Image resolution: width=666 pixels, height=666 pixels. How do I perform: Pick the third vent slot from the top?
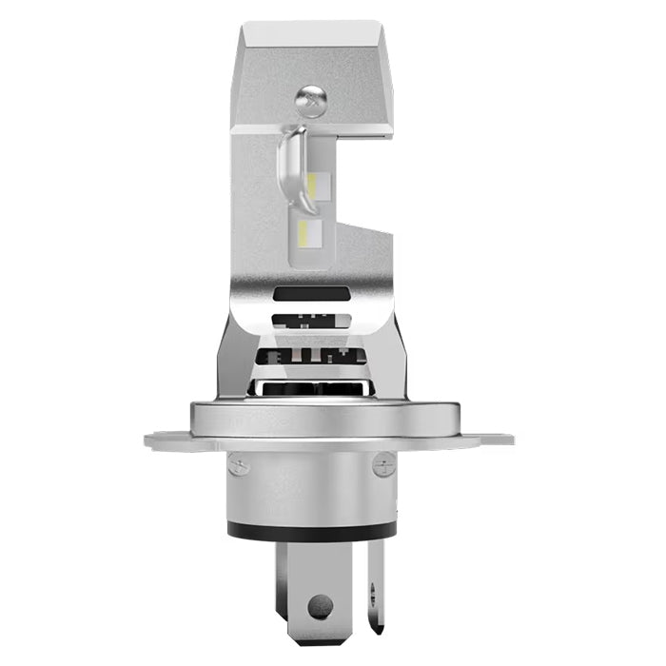311,358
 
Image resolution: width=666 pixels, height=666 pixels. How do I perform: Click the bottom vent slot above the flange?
311,388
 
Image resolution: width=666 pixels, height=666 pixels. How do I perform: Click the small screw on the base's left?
239,465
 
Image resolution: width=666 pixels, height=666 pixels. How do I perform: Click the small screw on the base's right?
383,465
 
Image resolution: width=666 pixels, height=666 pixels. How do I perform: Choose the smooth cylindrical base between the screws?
311,485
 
